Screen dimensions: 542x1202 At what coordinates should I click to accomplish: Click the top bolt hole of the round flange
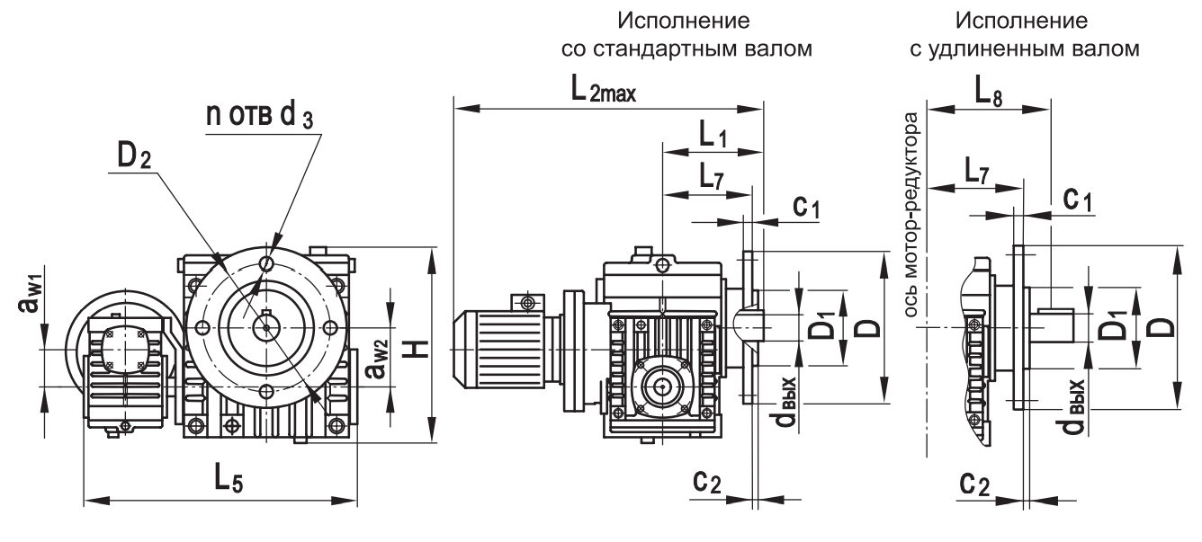267,262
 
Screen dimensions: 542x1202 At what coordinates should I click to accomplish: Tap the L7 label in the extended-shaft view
973,173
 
